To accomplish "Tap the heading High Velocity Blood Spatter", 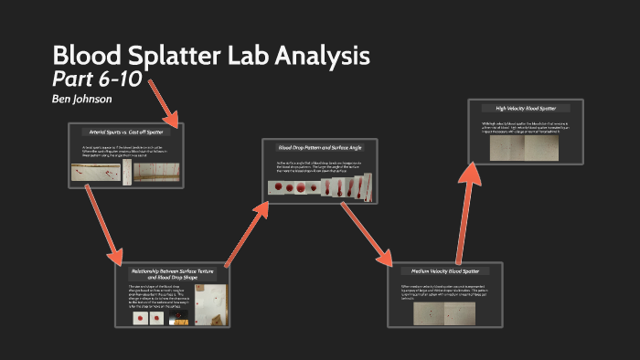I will pyautogui.click(x=525, y=108).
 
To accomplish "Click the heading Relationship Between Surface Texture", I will pyautogui.click(x=173, y=272).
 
